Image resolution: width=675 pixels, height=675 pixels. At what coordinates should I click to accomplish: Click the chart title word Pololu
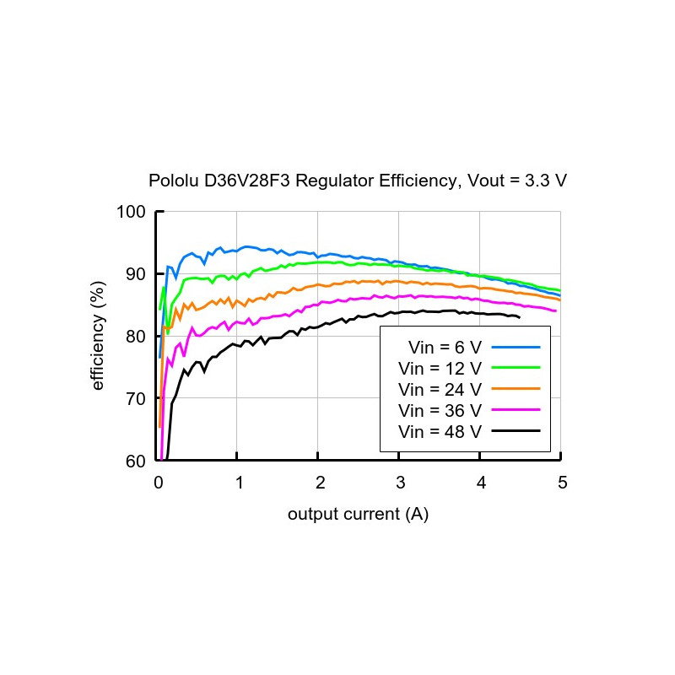[x=174, y=181]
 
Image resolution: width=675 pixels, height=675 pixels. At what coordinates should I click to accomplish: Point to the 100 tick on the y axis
[x=131, y=212]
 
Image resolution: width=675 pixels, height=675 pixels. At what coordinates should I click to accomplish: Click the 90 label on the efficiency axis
[x=135, y=274]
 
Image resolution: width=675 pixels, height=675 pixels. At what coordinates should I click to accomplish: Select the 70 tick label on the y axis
[x=135, y=399]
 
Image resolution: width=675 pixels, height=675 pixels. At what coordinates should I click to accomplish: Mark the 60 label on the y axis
[x=135, y=462]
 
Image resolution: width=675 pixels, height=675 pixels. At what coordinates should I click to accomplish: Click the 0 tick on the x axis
[x=159, y=483]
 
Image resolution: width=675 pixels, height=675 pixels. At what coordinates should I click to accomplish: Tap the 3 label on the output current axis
[x=401, y=483]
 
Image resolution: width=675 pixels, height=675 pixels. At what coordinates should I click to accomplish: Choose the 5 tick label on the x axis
[x=563, y=483]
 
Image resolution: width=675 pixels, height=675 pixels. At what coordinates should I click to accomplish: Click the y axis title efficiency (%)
[x=98, y=336]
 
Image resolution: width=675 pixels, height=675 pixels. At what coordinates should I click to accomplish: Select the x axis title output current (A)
[x=358, y=514]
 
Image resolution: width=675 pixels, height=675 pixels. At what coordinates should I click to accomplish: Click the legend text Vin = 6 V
[x=445, y=348]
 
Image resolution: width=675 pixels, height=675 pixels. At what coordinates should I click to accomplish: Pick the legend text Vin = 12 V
[x=440, y=369]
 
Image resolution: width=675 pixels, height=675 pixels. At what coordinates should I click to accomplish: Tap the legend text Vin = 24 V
[x=440, y=390]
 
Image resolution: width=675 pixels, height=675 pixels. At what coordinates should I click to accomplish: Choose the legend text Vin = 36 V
[x=440, y=411]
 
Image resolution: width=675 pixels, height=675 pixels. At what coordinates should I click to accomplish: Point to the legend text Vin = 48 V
[x=440, y=432]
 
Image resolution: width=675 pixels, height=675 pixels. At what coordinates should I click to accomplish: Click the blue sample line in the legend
[x=516, y=347]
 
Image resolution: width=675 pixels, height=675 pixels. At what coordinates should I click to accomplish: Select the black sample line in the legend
[x=516, y=430]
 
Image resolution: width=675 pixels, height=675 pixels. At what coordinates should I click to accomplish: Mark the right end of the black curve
[x=520, y=318]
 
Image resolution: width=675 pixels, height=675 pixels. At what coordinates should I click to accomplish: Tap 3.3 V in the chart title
[x=546, y=181]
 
